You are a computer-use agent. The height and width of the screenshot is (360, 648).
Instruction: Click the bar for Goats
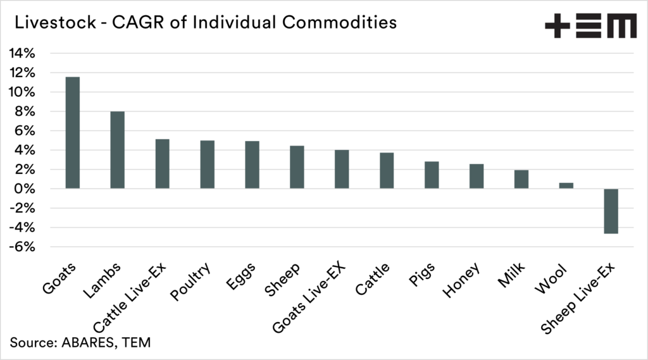[x=73, y=133]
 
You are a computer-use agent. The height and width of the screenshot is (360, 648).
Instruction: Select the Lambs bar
[x=118, y=150]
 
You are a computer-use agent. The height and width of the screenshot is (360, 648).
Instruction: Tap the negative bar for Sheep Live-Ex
[x=611, y=211]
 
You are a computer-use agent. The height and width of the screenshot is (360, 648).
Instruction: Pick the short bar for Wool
[x=566, y=185]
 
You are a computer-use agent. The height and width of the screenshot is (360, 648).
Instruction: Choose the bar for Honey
[x=477, y=176]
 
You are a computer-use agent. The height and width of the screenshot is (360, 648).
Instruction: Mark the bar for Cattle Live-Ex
[x=162, y=164]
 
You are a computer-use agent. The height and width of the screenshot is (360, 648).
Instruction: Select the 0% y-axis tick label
[x=25, y=189]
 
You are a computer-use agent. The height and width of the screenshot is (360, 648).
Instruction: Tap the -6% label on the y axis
[x=23, y=247]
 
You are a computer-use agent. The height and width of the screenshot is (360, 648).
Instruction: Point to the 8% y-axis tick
[x=25, y=112]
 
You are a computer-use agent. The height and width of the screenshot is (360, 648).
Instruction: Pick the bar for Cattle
[x=387, y=170]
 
